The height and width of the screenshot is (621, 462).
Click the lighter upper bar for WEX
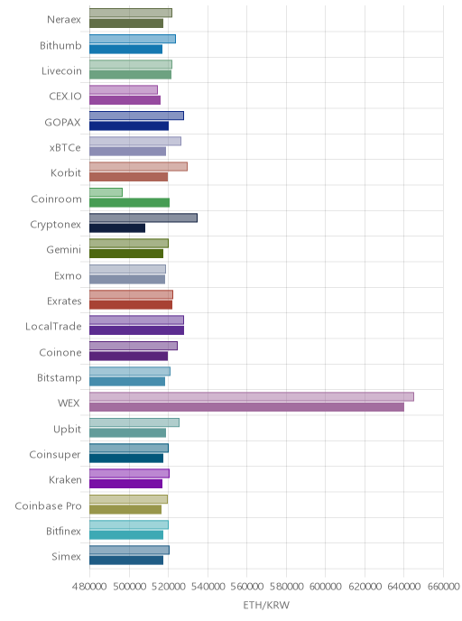click(x=252, y=397)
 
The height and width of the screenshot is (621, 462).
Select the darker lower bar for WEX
click(x=246, y=407)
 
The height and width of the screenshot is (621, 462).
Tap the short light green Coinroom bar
click(x=106, y=192)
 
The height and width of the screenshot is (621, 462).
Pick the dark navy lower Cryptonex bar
click(x=117, y=228)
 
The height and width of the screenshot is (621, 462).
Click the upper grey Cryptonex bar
click(x=143, y=218)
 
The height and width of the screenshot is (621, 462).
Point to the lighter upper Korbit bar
click(x=138, y=167)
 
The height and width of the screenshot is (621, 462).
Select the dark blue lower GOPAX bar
click(x=129, y=126)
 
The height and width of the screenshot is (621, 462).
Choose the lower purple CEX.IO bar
click(x=125, y=100)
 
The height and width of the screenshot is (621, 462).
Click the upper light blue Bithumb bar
click(x=133, y=39)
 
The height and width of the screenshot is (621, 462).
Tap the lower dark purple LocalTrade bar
click(x=136, y=330)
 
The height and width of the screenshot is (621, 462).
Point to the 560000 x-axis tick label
click(x=246, y=586)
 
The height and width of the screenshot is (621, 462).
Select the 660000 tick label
click(x=443, y=586)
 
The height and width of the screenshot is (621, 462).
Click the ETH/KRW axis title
click(x=266, y=605)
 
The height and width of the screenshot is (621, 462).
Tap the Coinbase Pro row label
click(x=48, y=505)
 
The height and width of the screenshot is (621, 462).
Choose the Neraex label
click(x=64, y=20)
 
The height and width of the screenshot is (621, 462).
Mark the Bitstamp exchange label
click(x=60, y=378)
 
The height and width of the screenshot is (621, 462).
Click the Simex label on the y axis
click(x=66, y=556)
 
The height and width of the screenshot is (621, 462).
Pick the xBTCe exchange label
click(x=65, y=148)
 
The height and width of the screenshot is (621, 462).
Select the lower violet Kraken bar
click(x=126, y=484)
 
